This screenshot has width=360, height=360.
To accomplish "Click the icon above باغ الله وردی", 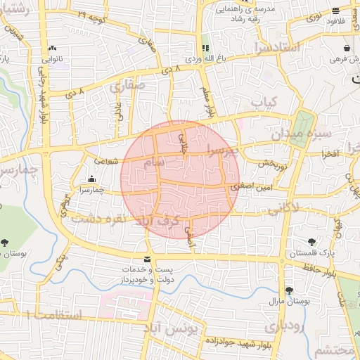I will pyautogui.click(x=205, y=48).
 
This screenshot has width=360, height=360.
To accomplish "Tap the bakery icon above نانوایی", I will pyautogui.click(x=52, y=48).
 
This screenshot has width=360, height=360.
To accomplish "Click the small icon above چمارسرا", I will pyautogui.click(x=91, y=179).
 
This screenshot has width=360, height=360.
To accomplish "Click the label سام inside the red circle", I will pyautogui.click(x=156, y=162).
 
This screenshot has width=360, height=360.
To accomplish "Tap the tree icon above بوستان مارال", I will pyautogui.click(x=289, y=290).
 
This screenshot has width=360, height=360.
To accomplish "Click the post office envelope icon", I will pyautogui.click(x=148, y=259).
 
